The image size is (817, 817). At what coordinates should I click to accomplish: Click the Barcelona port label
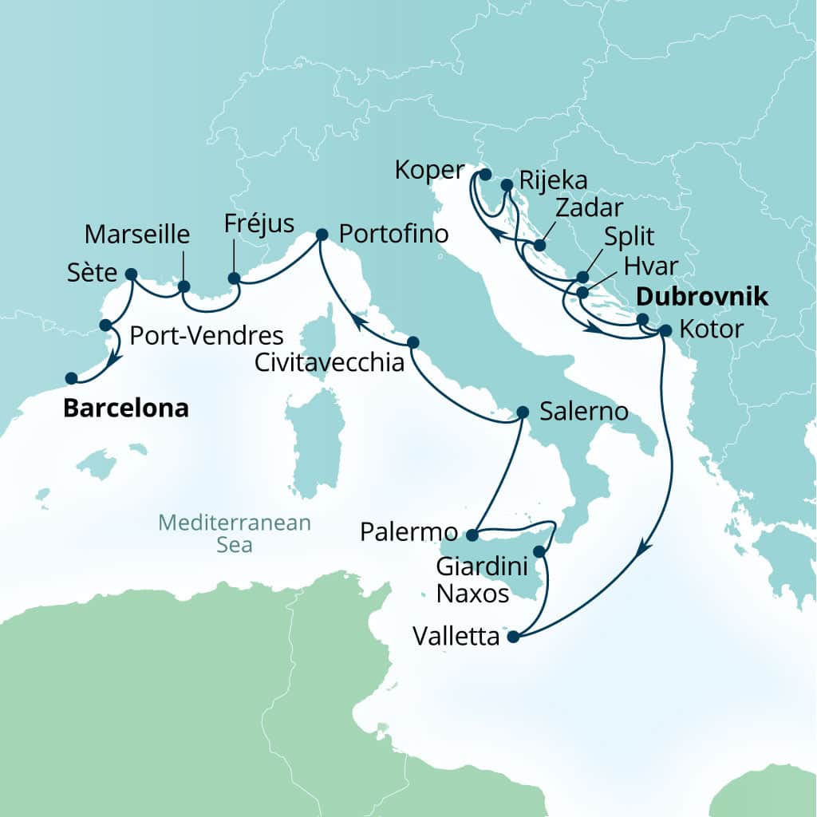pos(126,408)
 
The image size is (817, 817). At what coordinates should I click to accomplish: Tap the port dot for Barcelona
pos(71,378)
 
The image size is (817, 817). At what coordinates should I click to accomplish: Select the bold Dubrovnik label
pos(701,298)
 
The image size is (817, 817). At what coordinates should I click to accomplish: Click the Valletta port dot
pos(513,637)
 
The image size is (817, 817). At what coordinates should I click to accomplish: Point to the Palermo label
pos(408,532)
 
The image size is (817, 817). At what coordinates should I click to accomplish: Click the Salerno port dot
pos(523,412)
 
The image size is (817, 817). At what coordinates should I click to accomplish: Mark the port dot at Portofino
pos(322,235)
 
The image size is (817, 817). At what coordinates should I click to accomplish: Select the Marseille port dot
pos(184,286)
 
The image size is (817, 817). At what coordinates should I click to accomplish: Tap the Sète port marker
pos(132,274)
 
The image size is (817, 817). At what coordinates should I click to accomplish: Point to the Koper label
pos(429,170)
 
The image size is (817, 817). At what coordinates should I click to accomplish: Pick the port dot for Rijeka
pos(507,185)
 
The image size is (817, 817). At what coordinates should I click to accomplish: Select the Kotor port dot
pos(665,330)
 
